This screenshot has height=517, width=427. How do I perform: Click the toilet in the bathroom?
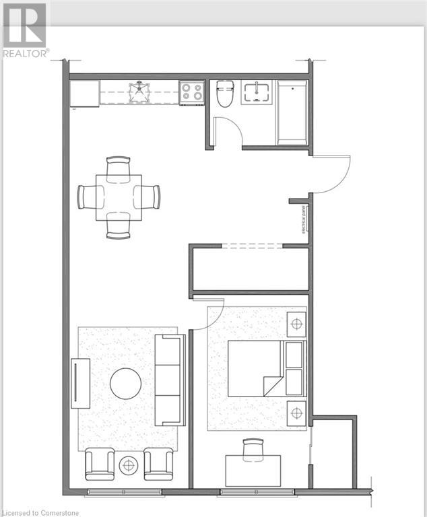pos(224,94)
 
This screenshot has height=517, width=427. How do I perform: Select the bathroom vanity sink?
pos(255,92)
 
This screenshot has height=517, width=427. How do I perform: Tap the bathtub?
pos(292,112)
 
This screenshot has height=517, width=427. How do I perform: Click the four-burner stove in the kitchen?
pos(191,92)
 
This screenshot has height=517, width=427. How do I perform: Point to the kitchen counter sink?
pos(139,92)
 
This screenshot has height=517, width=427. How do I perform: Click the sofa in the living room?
pos(168,380)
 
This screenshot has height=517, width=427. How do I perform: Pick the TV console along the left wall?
pos(81,382)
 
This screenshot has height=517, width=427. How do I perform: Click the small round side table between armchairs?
pos(128,464)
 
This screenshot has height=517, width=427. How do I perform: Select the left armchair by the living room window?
pos(100,464)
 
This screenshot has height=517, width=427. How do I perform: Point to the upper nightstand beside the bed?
pos(296,324)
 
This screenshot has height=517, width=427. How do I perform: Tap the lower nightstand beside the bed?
pos(296,411)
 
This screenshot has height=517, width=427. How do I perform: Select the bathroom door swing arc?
pos(229,129)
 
